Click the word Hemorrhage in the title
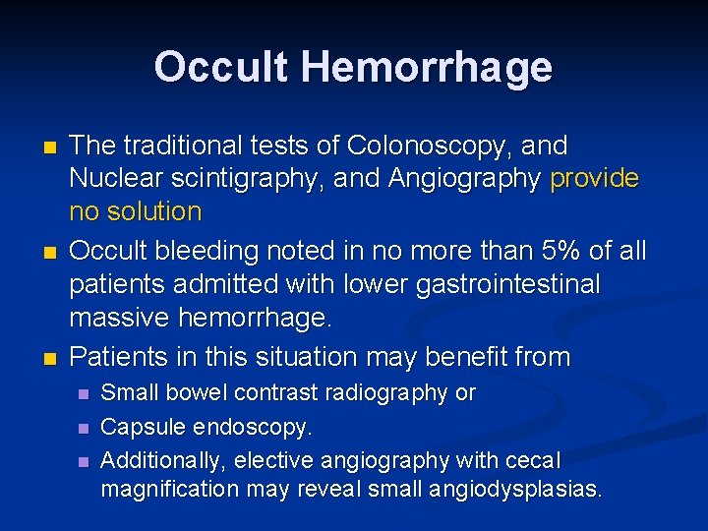(x=427, y=67)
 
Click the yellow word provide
(x=594, y=179)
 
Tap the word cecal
(x=533, y=460)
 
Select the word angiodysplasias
(x=518, y=489)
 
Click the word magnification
(x=164, y=489)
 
